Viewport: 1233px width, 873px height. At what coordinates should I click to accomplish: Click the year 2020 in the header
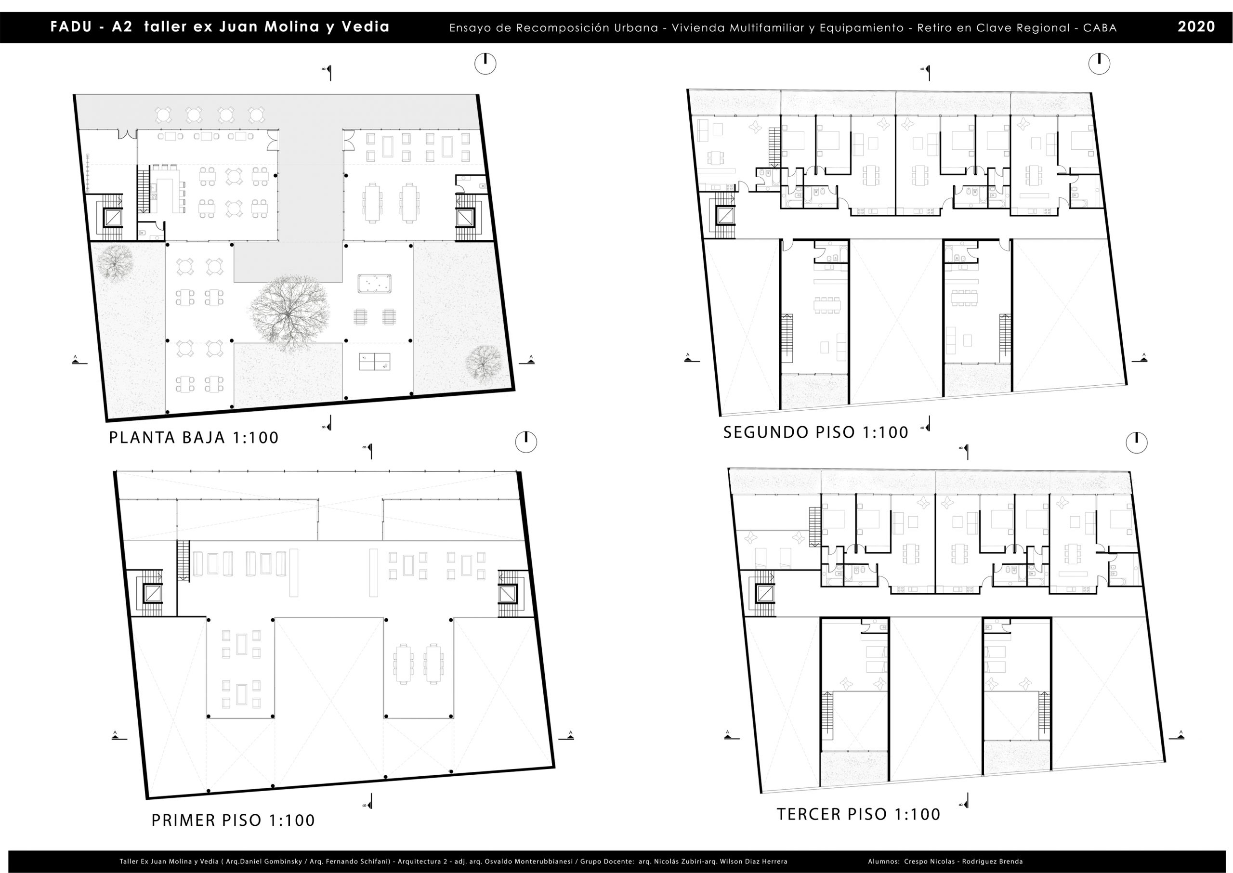[x=1196, y=27]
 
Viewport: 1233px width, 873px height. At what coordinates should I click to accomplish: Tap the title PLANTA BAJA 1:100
[x=194, y=438]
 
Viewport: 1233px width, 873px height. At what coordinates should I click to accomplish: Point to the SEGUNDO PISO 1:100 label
[x=816, y=432]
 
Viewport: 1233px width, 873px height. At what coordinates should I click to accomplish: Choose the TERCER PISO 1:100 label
[x=859, y=814]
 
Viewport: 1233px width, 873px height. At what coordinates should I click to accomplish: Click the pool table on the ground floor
[x=374, y=282]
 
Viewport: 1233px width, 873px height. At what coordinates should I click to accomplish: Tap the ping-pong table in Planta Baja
[x=375, y=361]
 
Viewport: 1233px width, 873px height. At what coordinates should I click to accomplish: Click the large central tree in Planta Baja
[x=289, y=314]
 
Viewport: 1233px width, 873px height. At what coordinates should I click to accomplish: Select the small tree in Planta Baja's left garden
[x=115, y=263]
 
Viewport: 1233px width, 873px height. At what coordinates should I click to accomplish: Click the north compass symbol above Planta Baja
[x=485, y=64]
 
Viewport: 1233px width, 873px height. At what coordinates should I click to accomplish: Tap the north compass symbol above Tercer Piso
[x=1136, y=442]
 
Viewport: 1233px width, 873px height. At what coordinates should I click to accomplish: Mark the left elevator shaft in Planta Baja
[x=113, y=217]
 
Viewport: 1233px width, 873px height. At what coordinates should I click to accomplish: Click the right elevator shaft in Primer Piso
[x=507, y=594]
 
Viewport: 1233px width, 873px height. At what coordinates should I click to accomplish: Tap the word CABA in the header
[x=1100, y=28]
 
